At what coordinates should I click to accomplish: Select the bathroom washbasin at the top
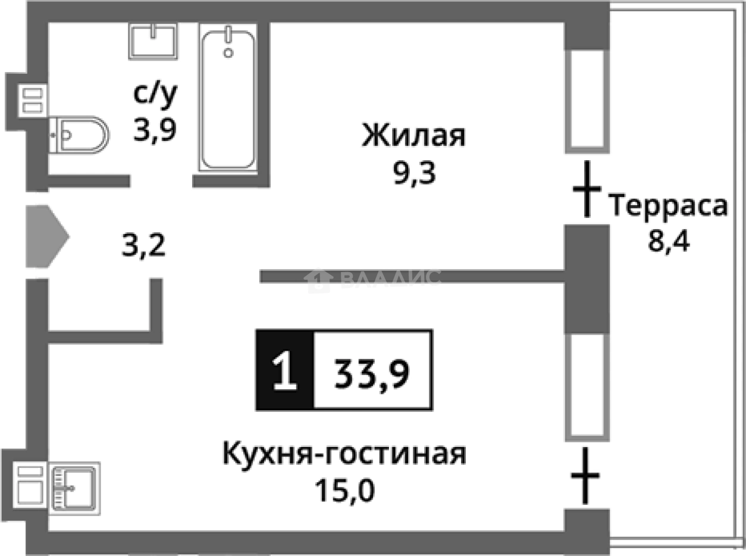pyautogui.click(x=153, y=40)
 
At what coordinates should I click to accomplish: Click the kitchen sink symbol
pyautogui.click(x=74, y=487)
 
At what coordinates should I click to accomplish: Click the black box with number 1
pyautogui.click(x=284, y=369)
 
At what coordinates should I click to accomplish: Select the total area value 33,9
pyautogui.click(x=372, y=371)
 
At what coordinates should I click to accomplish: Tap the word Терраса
pyautogui.click(x=669, y=207)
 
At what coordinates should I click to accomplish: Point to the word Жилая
pyautogui.click(x=414, y=136)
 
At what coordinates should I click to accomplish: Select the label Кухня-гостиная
pyautogui.click(x=344, y=454)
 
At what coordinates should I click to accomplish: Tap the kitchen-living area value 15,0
pyautogui.click(x=344, y=492)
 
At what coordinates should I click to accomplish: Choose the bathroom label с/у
pyautogui.click(x=155, y=95)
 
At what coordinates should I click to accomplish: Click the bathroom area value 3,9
pyautogui.click(x=155, y=131)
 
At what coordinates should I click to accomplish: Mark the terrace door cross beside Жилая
pyautogui.click(x=587, y=189)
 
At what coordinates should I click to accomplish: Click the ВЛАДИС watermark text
pyautogui.click(x=390, y=278)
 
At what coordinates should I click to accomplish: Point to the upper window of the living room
pyautogui.click(x=587, y=98)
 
